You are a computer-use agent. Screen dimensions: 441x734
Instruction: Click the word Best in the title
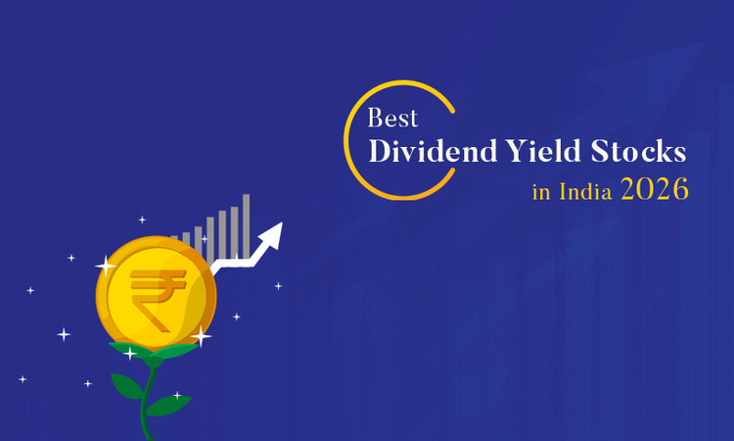(x=392, y=119)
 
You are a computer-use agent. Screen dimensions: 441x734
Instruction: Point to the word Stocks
(x=642, y=153)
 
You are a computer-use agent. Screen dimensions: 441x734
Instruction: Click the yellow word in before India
(x=541, y=192)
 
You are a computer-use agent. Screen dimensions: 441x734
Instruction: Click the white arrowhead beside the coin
(x=272, y=235)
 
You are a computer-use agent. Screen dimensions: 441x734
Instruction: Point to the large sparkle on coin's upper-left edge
(x=105, y=265)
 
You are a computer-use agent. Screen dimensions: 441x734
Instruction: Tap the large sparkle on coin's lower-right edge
(x=201, y=336)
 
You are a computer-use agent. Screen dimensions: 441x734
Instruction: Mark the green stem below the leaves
(x=150, y=421)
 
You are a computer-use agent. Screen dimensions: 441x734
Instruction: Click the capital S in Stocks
(x=607, y=153)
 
